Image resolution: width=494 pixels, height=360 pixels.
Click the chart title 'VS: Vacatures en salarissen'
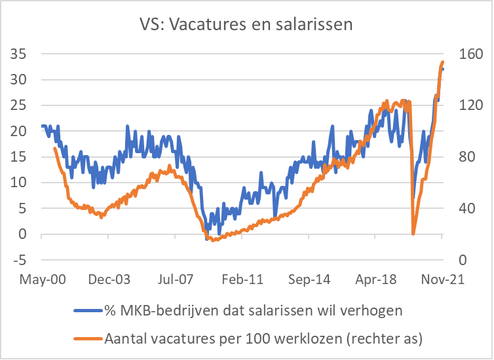coord(246,25)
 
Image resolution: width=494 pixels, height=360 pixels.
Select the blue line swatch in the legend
coord(88,309)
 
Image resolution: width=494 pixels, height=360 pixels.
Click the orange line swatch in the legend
coord(88,338)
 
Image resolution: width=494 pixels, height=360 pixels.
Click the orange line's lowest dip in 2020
coord(413,234)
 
